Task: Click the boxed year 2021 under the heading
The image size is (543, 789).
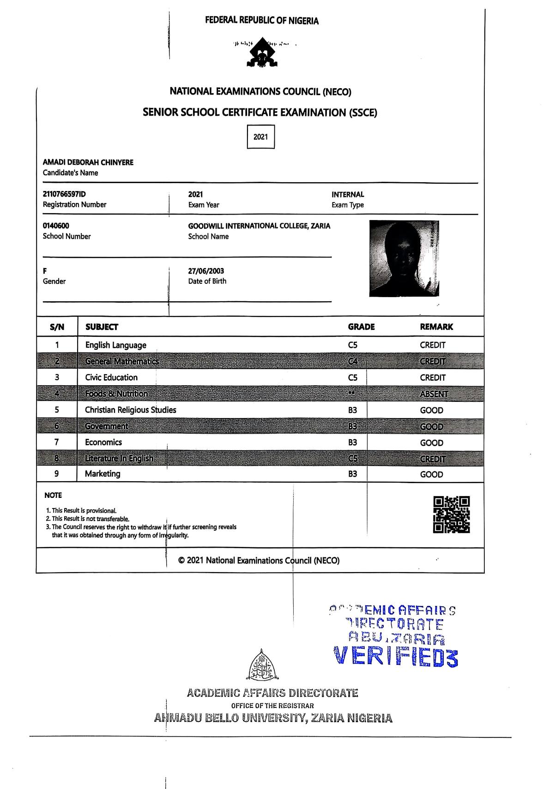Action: pyautogui.click(x=261, y=137)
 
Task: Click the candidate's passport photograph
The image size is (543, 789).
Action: pyautogui.click(x=404, y=258)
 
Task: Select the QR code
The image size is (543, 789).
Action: pyautogui.click(x=452, y=514)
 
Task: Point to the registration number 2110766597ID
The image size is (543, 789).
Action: pyautogui.click(x=64, y=195)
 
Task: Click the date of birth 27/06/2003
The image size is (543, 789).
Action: pyautogui.click(x=206, y=271)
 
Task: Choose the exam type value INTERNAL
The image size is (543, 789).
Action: pyautogui.click(x=347, y=195)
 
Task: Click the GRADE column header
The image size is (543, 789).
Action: pyautogui.click(x=361, y=327)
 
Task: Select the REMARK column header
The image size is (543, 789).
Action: pyautogui.click(x=436, y=327)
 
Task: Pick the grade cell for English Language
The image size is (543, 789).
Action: pyautogui.click(x=353, y=345)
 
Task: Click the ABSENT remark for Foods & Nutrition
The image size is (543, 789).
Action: pyautogui.click(x=434, y=394)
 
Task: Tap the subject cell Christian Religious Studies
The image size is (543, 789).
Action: pyautogui.click(x=130, y=410)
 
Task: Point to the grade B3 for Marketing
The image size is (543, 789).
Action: pyautogui.click(x=353, y=474)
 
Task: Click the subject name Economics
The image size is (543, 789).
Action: pyautogui.click(x=103, y=442)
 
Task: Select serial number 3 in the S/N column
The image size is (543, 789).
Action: pyautogui.click(x=57, y=377)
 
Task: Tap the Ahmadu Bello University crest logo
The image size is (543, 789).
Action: pyautogui.click(x=262, y=665)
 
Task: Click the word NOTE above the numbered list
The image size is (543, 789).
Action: pyautogui.click(x=53, y=495)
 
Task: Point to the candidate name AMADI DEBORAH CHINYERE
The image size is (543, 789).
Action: pyautogui.click(x=88, y=162)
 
